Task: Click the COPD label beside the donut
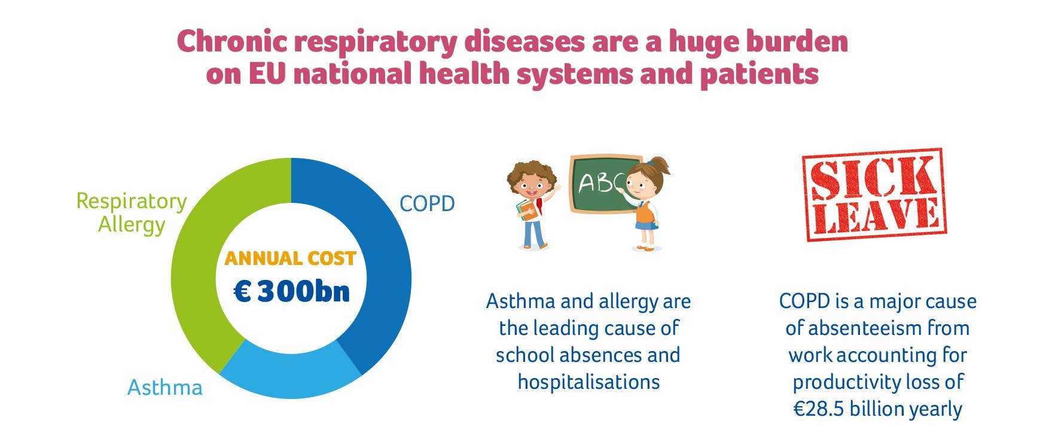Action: pos(427,203)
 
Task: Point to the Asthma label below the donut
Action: pos(165,388)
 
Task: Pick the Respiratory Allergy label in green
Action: pos(132,212)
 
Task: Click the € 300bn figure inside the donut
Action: pos(291,291)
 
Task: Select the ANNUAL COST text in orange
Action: pos(291,258)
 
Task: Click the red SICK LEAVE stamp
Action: pos(873,195)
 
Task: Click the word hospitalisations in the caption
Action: pos(588,382)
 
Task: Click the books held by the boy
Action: pos(526,209)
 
